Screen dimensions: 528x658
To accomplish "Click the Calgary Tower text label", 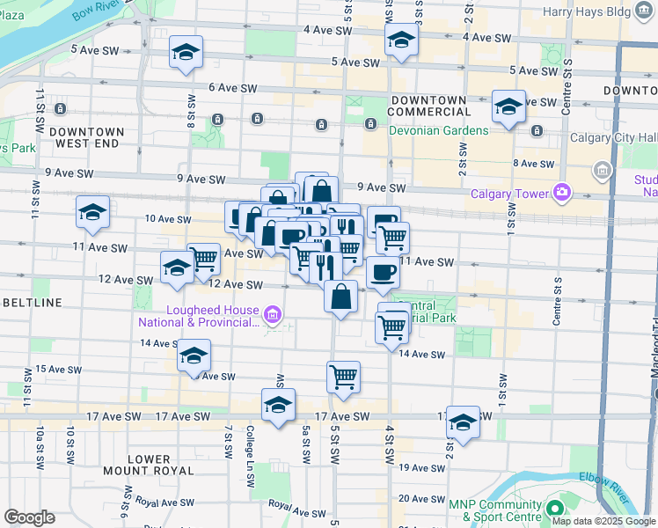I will coord(508,194).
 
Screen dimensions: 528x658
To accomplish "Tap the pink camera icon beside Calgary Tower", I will coord(560,192).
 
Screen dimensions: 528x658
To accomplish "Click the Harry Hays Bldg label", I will coord(602,12).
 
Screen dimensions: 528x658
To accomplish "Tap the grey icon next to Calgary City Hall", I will coord(603,169).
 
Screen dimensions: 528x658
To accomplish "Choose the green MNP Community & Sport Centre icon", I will coord(554,510).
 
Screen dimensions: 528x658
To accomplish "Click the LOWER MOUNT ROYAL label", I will coord(149,465).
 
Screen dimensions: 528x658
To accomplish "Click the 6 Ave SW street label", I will coord(232,88).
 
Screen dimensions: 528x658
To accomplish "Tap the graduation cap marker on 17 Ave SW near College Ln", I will coord(278,406).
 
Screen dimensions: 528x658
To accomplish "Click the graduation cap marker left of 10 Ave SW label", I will coord(92,212).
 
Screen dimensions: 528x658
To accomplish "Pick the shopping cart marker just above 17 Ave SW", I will coord(343,377).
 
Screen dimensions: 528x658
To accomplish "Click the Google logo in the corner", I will coord(28,517).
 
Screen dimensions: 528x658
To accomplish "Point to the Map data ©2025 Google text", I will coord(603,521).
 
